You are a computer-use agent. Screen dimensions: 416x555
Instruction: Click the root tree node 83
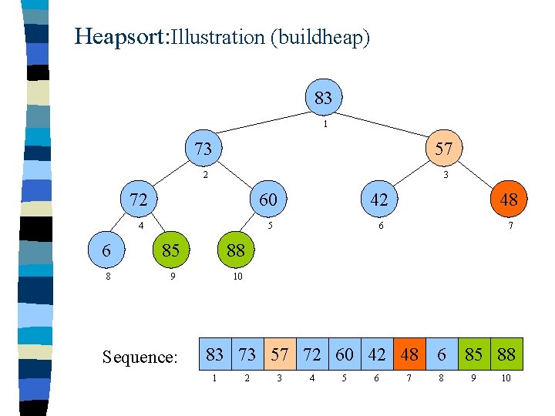click(323, 98)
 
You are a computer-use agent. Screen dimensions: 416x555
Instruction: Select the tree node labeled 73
click(203, 148)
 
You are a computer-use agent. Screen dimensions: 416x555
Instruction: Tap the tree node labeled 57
click(443, 148)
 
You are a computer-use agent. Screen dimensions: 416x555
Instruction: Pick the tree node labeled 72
click(139, 200)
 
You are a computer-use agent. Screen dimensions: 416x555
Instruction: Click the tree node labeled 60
click(267, 200)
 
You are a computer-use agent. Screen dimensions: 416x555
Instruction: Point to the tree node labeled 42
click(379, 200)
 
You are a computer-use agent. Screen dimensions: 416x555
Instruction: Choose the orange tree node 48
click(508, 200)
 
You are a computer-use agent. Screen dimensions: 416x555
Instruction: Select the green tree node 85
click(170, 250)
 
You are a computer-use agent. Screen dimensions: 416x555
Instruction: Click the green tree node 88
click(235, 250)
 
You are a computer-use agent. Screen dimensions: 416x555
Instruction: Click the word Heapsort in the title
click(119, 36)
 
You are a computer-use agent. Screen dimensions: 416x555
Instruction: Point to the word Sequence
click(140, 357)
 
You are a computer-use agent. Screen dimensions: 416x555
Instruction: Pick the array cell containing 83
click(215, 354)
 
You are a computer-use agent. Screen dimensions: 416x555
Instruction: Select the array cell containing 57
click(280, 354)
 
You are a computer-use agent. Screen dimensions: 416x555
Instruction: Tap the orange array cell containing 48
click(409, 354)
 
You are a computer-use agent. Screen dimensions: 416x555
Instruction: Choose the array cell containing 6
click(442, 354)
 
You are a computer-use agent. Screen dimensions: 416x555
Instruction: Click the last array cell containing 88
click(506, 354)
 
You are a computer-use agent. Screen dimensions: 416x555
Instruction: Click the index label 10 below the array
click(506, 378)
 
